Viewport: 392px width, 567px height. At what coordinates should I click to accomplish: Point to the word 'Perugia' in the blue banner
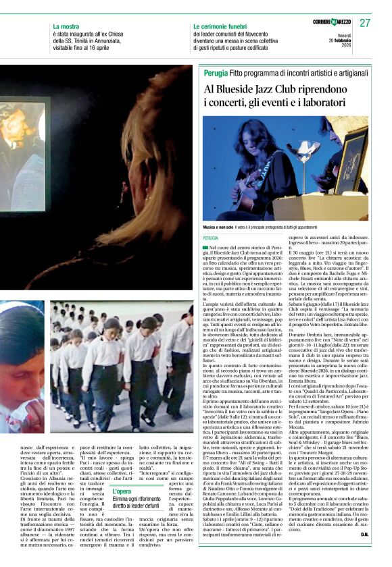click(215, 72)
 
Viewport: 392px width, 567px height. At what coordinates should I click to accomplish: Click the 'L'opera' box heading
click(122, 491)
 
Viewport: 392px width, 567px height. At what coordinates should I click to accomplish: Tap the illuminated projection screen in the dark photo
click(24, 155)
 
